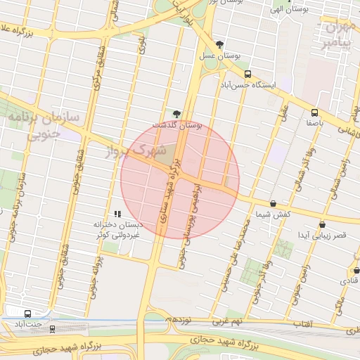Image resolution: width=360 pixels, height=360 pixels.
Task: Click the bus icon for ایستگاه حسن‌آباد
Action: (247, 74)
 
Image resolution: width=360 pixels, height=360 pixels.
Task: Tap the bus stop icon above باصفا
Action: (314, 112)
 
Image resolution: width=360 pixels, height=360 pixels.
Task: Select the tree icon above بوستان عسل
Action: (220, 44)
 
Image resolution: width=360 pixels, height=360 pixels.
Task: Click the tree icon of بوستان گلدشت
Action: (176, 114)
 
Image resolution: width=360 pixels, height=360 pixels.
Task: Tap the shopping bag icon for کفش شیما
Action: (273, 203)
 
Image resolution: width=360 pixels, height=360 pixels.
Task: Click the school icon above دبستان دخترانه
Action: (117, 213)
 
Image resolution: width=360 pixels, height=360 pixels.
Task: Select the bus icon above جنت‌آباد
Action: (27, 314)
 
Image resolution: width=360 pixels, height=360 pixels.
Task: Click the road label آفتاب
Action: (302, 324)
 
